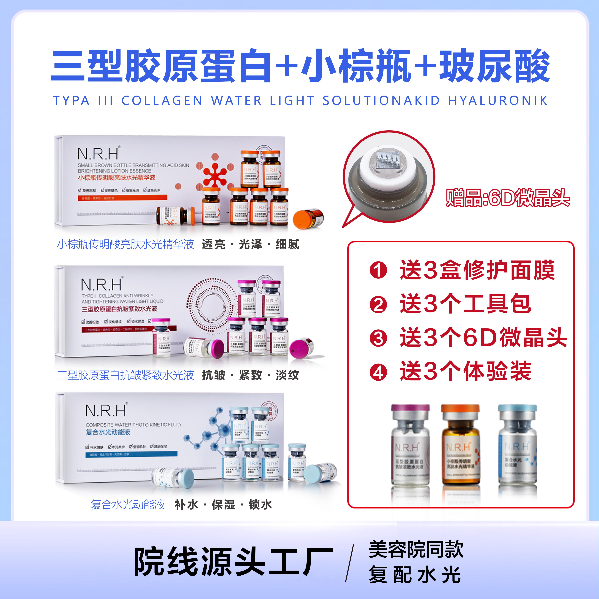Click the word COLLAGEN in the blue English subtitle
point(162,101)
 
